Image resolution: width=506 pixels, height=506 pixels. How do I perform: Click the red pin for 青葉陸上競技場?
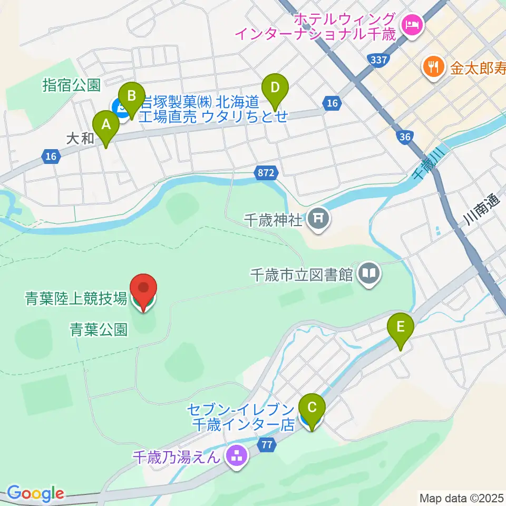144,290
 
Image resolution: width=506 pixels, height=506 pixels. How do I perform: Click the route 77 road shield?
267,445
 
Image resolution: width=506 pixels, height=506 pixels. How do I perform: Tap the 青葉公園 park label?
98,330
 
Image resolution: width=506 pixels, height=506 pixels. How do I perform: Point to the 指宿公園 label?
71,85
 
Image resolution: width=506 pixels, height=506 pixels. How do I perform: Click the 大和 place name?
80,138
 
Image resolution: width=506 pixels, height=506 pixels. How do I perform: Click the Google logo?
35,493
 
